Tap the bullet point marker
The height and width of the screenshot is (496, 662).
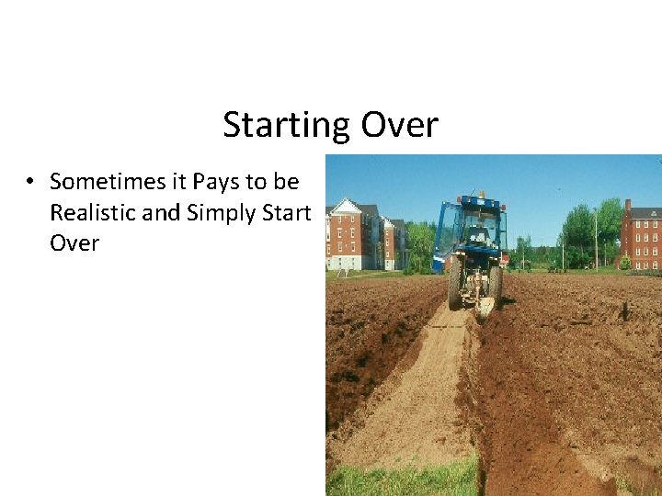pyautogui.click(x=30, y=183)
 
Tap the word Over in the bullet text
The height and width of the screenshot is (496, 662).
pyautogui.click(x=74, y=243)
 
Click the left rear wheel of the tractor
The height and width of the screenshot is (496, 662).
pyautogui.click(x=455, y=286)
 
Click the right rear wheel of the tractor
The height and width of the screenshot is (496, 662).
pyautogui.click(x=496, y=284)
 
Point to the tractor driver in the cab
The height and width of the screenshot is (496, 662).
pyautogui.click(x=479, y=235)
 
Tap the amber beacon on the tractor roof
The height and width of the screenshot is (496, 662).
pyautogui.click(x=481, y=194)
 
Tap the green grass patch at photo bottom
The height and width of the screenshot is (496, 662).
pyautogui.click(x=405, y=478)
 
